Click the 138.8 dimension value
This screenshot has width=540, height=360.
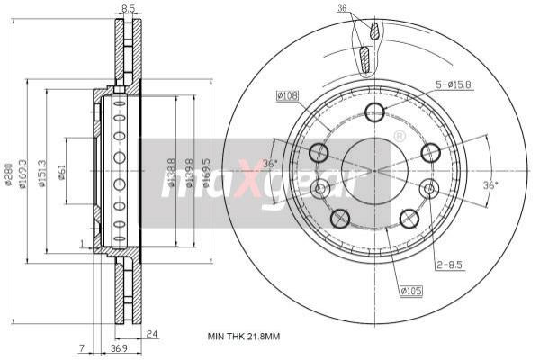(171, 175)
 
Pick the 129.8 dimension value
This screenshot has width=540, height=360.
(189, 175)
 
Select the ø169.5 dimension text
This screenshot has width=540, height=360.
(206, 175)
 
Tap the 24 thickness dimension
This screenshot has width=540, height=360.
(152, 332)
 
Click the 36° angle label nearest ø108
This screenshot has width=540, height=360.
(270, 164)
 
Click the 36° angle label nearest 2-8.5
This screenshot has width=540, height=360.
(490, 185)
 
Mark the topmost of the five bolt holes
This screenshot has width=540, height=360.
(375, 112)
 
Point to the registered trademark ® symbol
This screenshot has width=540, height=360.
(400, 135)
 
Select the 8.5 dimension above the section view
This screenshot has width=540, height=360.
(129, 10)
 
